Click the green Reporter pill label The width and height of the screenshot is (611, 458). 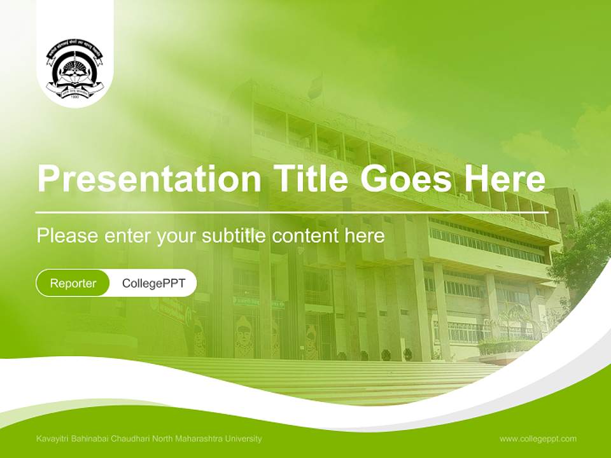pyautogui.click(x=73, y=283)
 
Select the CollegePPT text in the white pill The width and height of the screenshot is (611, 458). pyautogui.click(x=153, y=283)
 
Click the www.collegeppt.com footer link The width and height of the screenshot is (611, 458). pyautogui.click(x=538, y=439)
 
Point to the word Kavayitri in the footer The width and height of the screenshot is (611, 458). pyautogui.click(x=52, y=439)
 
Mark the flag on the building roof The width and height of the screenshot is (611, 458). pyautogui.click(x=315, y=87)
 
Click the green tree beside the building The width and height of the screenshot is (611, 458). pyautogui.click(x=582, y=248)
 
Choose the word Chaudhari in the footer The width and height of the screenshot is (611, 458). pyautogui.click(x=130, y=439)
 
